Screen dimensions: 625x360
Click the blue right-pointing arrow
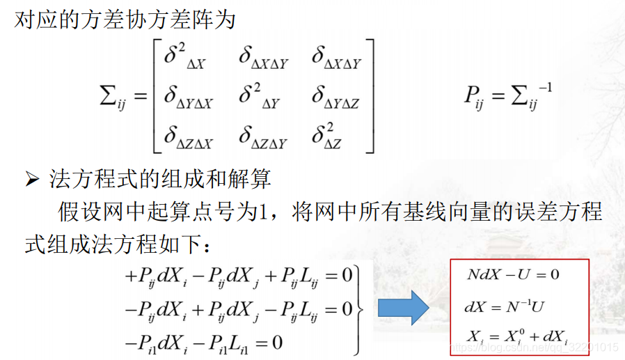(x=402, y=308)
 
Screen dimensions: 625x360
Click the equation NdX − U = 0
(x=513, y=274)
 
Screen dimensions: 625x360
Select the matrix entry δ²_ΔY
(x=260, y=96)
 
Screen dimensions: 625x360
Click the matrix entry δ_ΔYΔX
(x=188, y=97)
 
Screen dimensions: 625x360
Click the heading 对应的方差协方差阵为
(x=125, y=19)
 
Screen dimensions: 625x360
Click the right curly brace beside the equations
(x=360, y=308)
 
